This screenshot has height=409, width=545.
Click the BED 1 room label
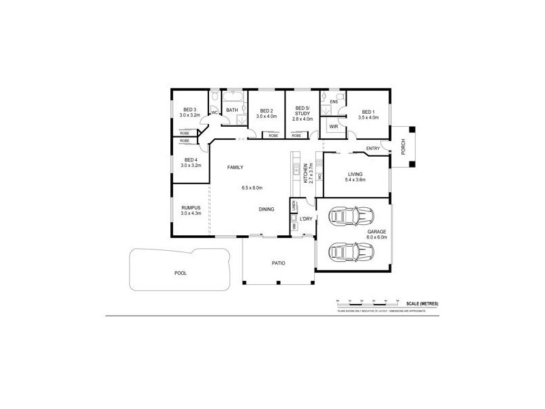click(x=368, y=112)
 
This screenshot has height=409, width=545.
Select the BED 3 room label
click(x=190, y=110)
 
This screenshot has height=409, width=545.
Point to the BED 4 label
click(x=190, y=160)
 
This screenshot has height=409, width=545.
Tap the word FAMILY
click(x=235, y=167)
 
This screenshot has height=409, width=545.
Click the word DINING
click(x=266, y=209)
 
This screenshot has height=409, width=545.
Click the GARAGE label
click(x=377, y=232)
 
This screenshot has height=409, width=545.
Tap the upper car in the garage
click(x=352, y=217)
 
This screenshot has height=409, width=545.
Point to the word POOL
click(x=180, y=273)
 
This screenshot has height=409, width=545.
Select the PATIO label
click(x=278, y=262)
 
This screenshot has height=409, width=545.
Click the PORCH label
click(x=403, y=146)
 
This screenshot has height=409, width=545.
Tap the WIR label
click(x=334, y=126)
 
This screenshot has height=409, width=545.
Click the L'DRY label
click(x=305, y=219)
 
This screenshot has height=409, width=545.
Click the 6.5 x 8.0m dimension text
click(x=252, y=187)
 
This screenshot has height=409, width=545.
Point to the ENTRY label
click(x=373, y=149)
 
